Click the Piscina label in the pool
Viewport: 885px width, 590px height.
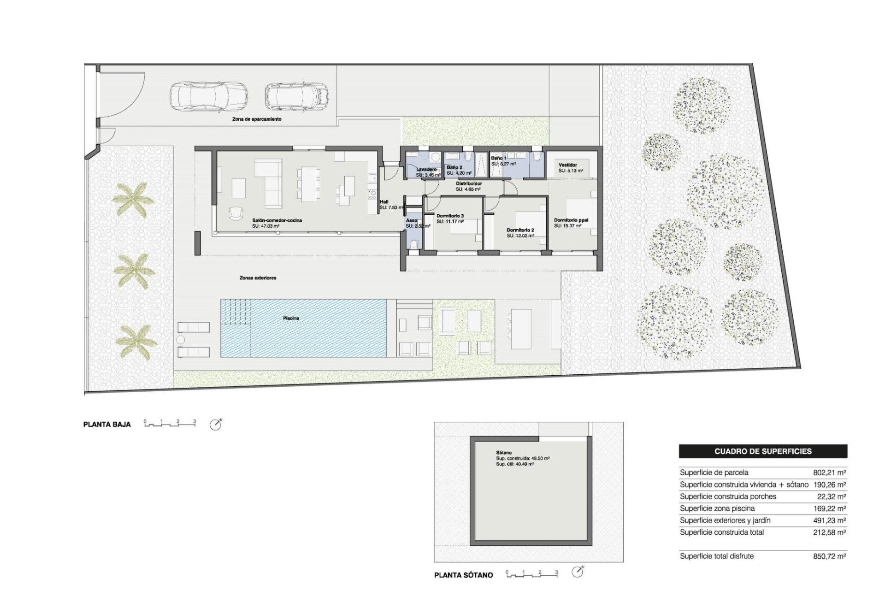(291, 318)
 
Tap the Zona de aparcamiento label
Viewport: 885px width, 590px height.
(257, 119)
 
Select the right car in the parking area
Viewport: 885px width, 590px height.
(296, 96)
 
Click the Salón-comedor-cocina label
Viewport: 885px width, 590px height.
(277, 220)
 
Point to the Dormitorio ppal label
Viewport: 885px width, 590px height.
(571, 220)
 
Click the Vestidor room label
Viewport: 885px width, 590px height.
(567, 165)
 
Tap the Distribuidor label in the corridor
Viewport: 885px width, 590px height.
(469, 183)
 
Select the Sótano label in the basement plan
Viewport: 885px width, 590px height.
(504, 453)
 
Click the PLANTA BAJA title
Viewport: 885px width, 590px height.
(107, 425)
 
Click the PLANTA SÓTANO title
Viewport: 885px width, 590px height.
(463, 575)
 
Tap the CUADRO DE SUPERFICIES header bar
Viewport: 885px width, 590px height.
(763, 451)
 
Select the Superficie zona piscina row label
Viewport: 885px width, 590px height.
(717, 508)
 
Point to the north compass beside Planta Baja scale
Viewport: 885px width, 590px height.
(215, 425)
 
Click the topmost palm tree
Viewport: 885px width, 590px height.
(133, 199)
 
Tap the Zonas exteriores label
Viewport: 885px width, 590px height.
(258, 278)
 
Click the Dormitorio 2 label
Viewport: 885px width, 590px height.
(520, 230)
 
